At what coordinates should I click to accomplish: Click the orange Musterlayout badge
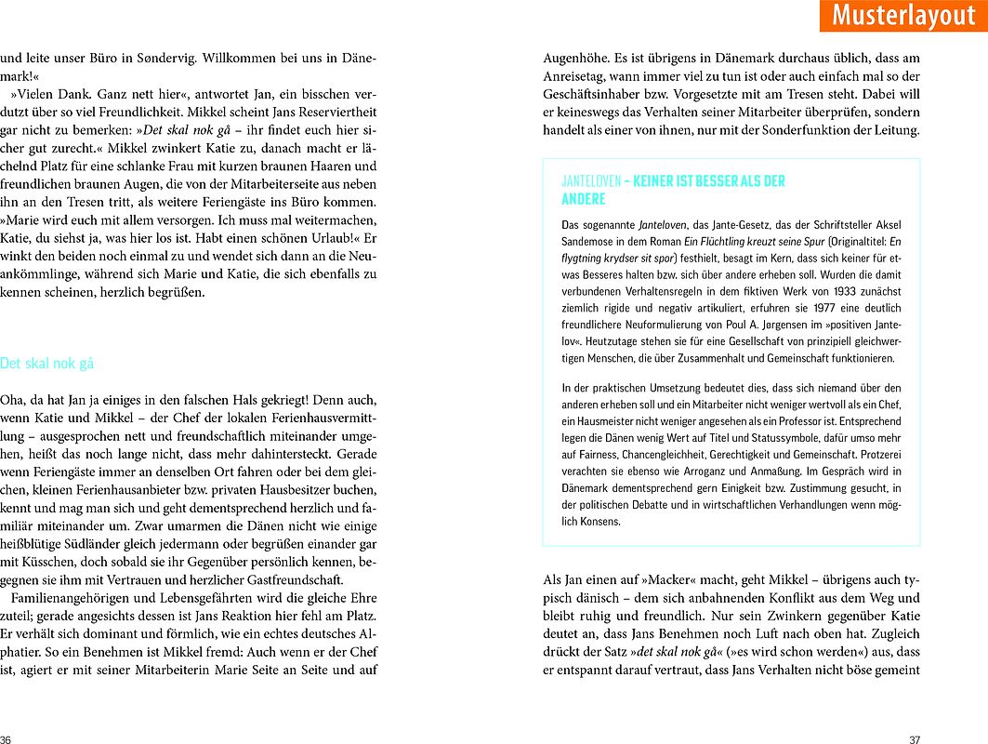tap(903, 16)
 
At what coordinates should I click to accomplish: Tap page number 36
tap(7, 739)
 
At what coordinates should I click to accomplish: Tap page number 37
tap(915, 739)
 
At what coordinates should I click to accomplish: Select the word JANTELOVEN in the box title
tap(591, 181)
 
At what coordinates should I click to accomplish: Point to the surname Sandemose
tap(586, 239)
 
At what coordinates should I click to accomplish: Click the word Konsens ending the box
tap(600, 523)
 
